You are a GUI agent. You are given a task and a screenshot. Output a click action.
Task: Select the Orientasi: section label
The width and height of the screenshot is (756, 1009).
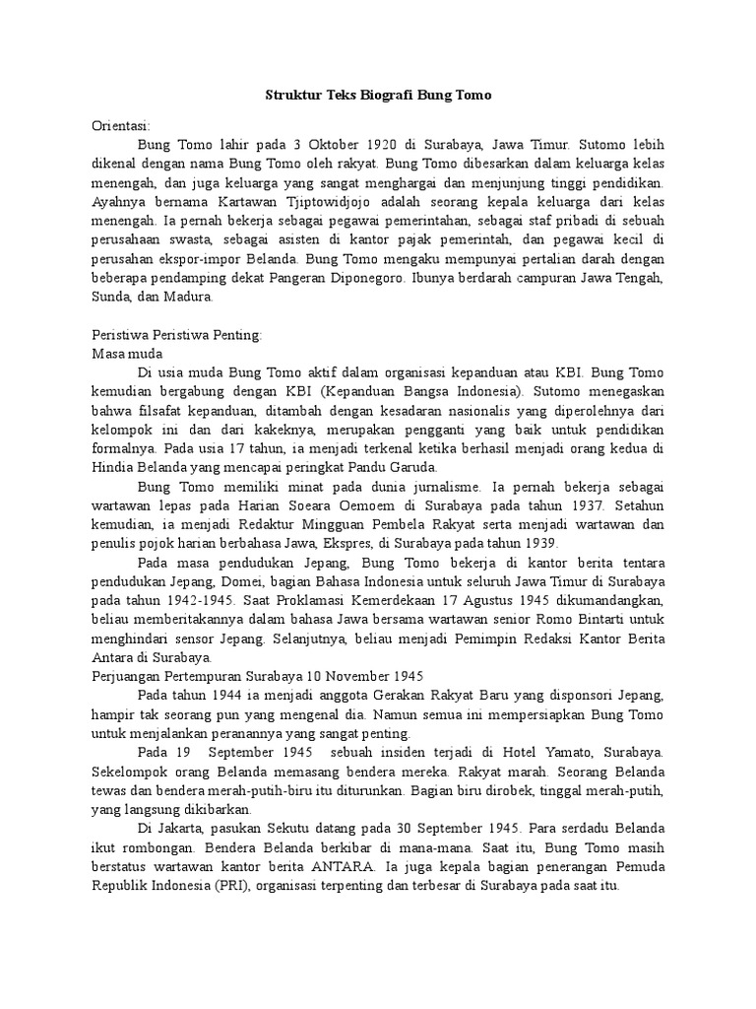(120, 125)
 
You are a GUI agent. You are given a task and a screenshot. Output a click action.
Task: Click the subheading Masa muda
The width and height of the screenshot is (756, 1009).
(127, 353)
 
